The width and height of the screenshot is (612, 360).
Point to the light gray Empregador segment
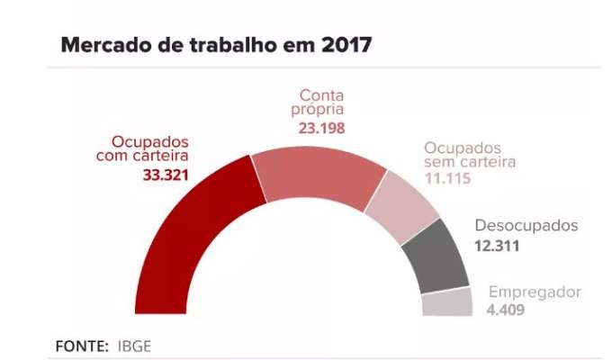(447, 302)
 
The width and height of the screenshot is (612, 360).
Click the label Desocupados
(526, 225)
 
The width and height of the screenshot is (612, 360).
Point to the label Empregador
(535, 292)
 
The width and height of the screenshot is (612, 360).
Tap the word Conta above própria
(322, 95)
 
